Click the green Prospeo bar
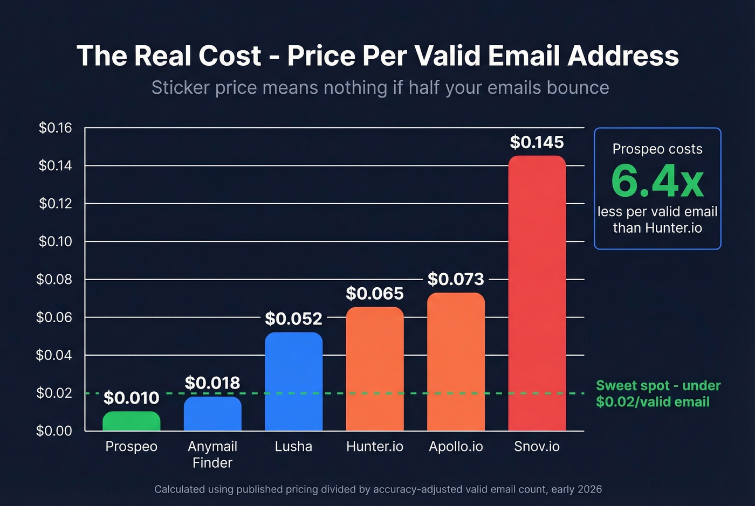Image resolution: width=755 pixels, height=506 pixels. [x=131, y=421]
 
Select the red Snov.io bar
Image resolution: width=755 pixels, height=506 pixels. [x=537, y=294]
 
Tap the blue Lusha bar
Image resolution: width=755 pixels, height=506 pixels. [x=293, y=382]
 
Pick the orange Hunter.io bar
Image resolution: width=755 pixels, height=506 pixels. [x=374, y=369]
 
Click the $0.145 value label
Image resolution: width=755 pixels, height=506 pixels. [x=537, y=142]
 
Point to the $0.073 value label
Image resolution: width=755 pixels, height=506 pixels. [x=456, y=279]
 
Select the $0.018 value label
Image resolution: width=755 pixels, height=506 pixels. [x=212, y=383]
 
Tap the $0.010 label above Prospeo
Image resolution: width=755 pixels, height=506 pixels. [x=131, y=398]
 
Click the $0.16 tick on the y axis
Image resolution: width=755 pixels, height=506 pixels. [x=55, y=128]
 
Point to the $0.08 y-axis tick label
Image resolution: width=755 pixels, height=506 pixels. [x=54, y=279]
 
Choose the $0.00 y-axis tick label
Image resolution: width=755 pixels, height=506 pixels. [x=54, y=431]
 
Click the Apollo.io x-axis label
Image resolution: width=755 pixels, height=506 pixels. [x=456, y=447]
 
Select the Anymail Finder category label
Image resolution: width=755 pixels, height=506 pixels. [x=212, y=454]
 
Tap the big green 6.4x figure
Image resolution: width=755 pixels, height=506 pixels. [x=657, y=182]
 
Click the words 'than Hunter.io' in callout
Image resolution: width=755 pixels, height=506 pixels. [x=657, y=228]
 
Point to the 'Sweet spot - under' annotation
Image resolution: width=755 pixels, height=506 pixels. [x=658, y=386]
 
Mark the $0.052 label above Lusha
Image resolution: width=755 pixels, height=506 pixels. [x=293, y=319]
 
